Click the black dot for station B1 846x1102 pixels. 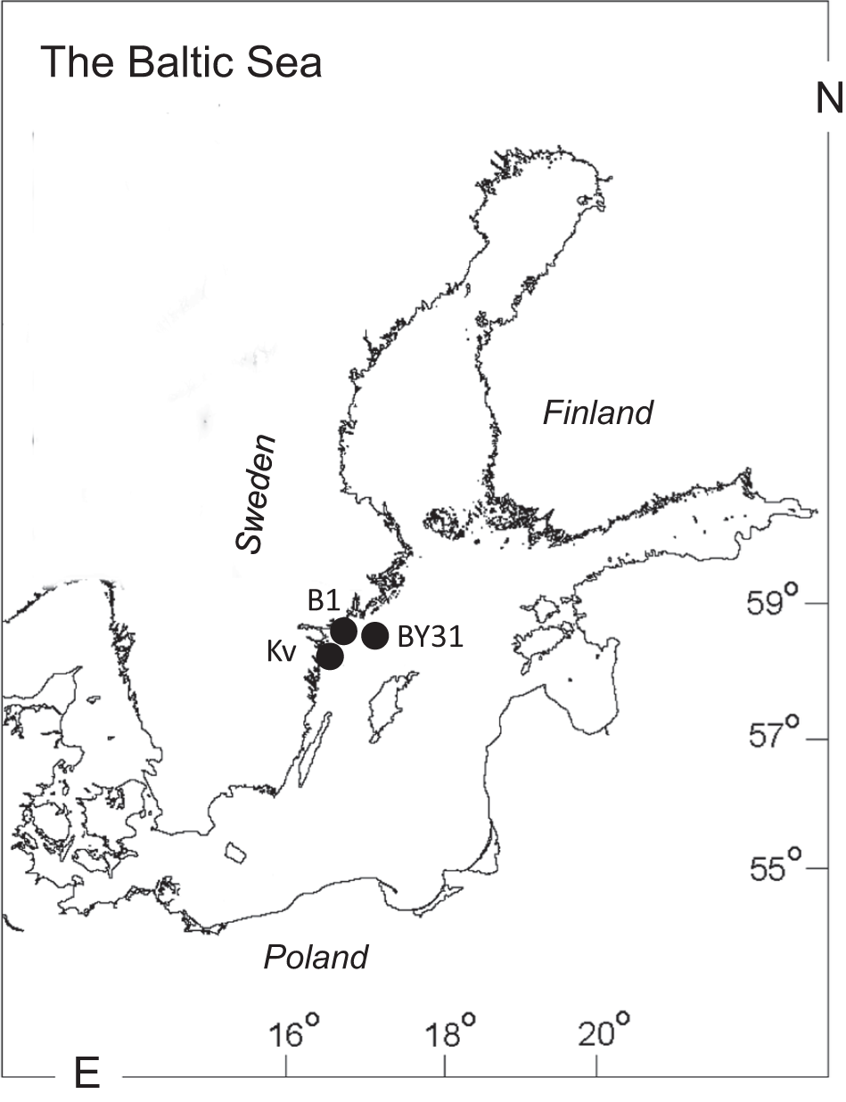[x=344, y=631]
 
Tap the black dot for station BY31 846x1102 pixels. [x=375, y=635]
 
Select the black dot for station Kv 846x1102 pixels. [x=331, y=657]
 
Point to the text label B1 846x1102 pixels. [x=324, y=601]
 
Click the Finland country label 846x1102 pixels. [x=598, y=413]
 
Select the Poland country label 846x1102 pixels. [x=316, y=958]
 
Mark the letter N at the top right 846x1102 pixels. [x=828, y=99]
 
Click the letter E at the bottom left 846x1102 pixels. [x=86, y=1075]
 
